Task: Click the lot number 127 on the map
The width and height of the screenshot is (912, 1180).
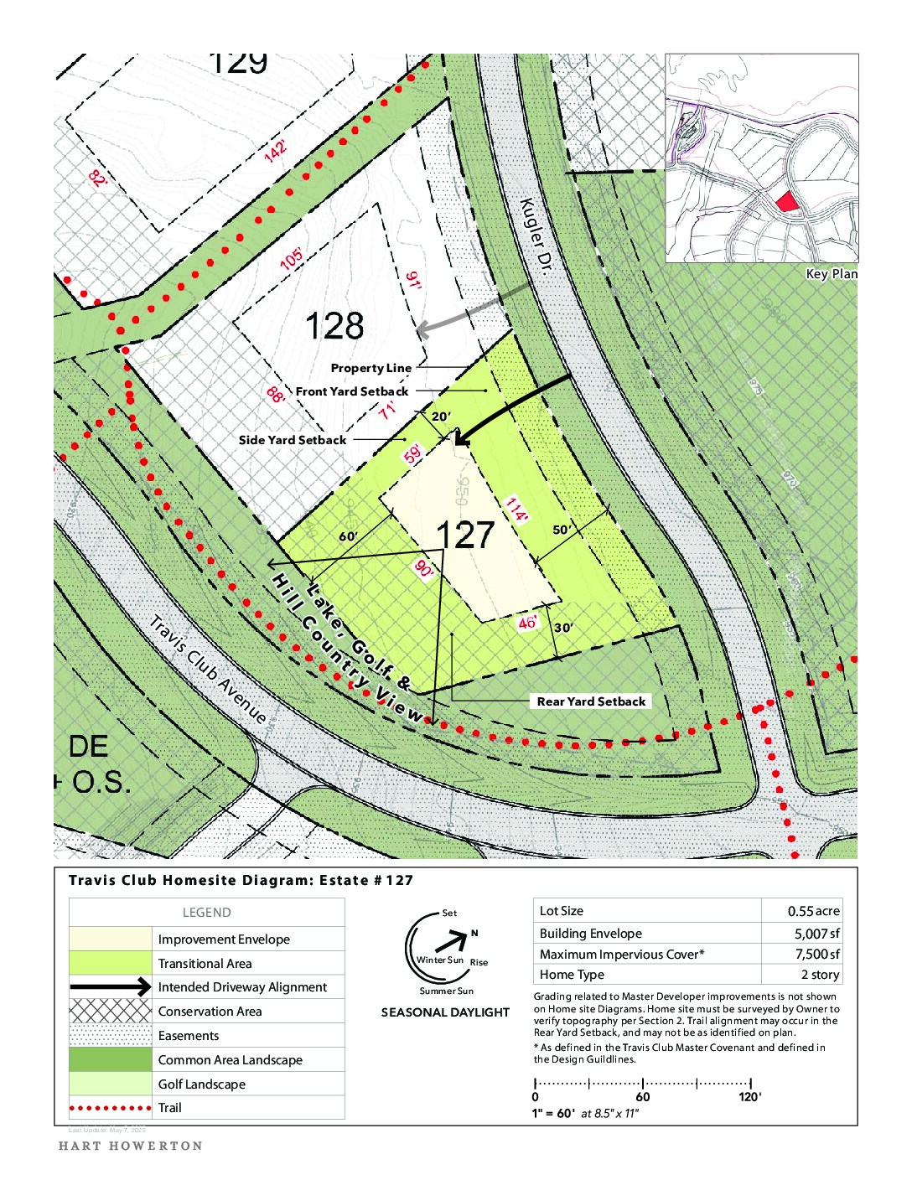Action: (x=465, y=536)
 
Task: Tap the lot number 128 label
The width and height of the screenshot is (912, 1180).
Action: (x=334, y=326)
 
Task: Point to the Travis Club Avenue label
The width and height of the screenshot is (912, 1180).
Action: (x=208, y=670)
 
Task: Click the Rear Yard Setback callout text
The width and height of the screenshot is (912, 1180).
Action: (x=591, y=701)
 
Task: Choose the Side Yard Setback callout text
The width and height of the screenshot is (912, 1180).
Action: (x=292, y=440)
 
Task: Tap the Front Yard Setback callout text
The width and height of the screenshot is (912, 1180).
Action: (x=351, y=391)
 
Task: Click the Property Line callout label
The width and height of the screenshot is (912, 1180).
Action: (x=370, y=368)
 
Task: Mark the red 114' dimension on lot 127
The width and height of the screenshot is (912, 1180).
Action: (x=516, y=509)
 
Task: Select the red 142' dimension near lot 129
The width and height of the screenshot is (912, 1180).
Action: (x=275, y=152)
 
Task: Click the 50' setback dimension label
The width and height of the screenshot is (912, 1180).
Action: (x=562, y=530)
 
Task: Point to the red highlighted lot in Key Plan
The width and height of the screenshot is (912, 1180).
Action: (x=785, y=201)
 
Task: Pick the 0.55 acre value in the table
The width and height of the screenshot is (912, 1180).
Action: (x=813, y=911)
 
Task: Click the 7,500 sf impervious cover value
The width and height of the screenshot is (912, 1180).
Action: (x=816, y=954)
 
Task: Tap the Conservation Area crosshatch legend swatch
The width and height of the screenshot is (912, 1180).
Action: (x=110, y=1011)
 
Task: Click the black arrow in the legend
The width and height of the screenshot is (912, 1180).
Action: (x=110, y=987)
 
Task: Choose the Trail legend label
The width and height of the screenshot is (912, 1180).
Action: (x=170, y=1108)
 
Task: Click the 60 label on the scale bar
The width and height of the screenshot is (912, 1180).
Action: (x=643, y=1097)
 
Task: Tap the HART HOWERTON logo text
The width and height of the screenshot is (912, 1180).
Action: (x=131, y=1146)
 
